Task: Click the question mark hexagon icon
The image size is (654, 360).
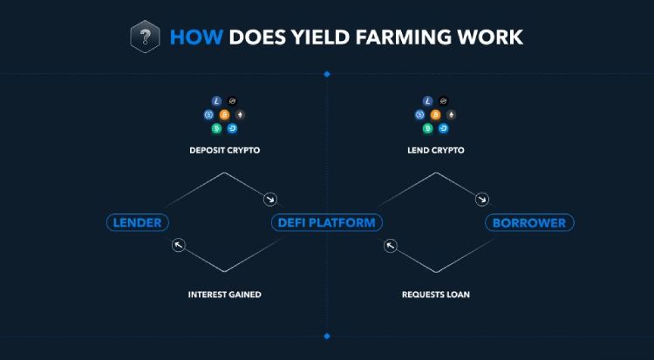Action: pos(145,37)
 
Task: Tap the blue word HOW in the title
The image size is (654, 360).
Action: pos(196,37)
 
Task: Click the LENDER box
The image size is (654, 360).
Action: pos(138,222)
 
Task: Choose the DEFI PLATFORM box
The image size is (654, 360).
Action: pos(327,222)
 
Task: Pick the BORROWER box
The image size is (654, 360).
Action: pos(529,222)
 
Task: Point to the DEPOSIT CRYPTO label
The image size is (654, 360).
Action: pos(225,150)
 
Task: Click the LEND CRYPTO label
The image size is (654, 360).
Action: pos(436,150)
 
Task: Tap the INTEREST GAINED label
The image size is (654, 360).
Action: pos(225,295)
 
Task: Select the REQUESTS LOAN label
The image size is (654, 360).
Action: pos(436,295)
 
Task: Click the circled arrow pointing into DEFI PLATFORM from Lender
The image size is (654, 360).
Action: pos(270,200)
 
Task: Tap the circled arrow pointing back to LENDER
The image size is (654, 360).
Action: pos(179,245)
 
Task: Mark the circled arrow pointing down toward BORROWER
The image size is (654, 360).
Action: pos(482,200)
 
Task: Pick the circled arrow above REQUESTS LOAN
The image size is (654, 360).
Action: pos(391,246)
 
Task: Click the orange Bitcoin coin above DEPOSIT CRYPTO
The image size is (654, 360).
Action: pos(224,115)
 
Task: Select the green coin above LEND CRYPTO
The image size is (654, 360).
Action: pos(427,128)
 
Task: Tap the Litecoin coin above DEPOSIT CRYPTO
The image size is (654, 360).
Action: pos(216,101)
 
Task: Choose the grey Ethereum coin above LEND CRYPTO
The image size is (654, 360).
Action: pos(451,115)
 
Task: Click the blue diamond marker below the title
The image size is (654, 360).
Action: pos(327,74)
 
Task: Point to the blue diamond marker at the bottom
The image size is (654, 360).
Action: pos(327,336)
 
